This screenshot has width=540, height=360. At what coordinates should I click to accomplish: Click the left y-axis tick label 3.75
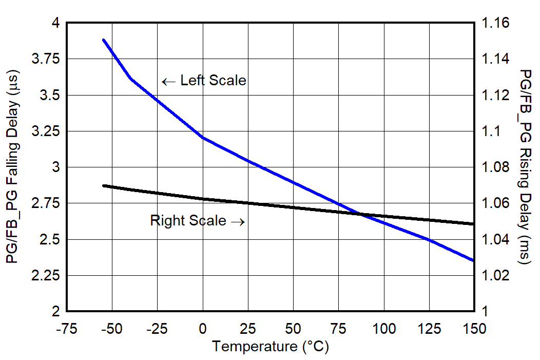click(x=45, y=59)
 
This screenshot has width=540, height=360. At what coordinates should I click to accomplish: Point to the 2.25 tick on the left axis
click(x=45, y=276)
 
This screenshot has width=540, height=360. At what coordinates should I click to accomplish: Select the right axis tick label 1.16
click(x=494, y=23)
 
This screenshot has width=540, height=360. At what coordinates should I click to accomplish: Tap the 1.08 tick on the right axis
click(x=494, y=167)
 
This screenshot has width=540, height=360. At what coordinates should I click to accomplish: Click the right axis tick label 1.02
click(x=494, y=276)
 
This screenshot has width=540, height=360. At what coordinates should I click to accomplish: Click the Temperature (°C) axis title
click(x=271, y=347)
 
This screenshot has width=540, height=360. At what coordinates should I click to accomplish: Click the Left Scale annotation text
click(x=213, y=81)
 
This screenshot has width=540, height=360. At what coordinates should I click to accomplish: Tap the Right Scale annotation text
click(x=188, y=221)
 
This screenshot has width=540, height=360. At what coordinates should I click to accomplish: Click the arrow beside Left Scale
click(x=168, y=81)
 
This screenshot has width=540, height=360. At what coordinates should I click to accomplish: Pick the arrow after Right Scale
click(x=238, y=221)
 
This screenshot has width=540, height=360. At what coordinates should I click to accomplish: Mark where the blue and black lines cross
click(x=361, y=214)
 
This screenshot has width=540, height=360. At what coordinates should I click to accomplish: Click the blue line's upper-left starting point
click(x=104, y=40)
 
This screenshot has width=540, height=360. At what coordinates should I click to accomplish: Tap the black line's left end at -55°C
click(x=104, y=185)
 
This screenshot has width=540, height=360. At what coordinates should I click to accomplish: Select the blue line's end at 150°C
click(x=473, y=260)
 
